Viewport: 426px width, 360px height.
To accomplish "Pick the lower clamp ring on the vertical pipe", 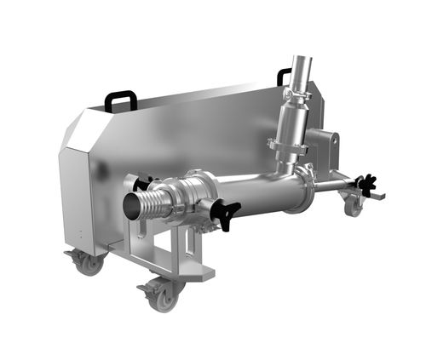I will coord(287,146).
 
